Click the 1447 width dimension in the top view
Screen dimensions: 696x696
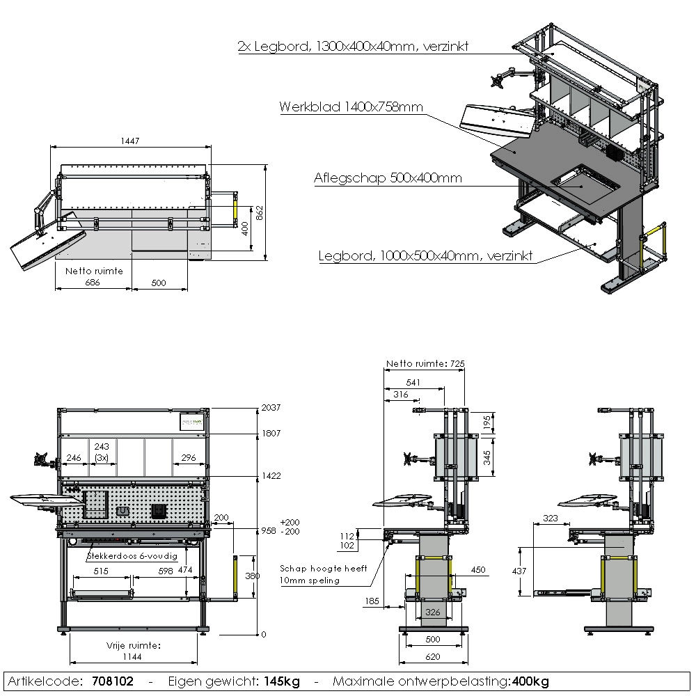(130, 141)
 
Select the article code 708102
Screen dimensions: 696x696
(113, 681)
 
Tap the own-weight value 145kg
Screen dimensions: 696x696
(281, 681)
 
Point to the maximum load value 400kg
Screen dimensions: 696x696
(530, 681)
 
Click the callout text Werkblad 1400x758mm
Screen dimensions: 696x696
(351, 107)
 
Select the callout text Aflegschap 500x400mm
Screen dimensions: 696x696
(388, 178)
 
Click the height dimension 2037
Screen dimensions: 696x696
(270, 408)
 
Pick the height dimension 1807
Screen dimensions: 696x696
(270, 433)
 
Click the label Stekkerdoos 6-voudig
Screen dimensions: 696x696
(132, 557)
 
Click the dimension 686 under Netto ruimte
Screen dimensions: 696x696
(92, 283)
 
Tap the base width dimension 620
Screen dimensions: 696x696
(433, 656)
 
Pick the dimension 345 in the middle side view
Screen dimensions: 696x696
(487, 457)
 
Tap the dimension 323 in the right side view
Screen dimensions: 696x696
(550, 519)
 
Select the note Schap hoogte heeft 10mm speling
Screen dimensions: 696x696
(323, 574)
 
